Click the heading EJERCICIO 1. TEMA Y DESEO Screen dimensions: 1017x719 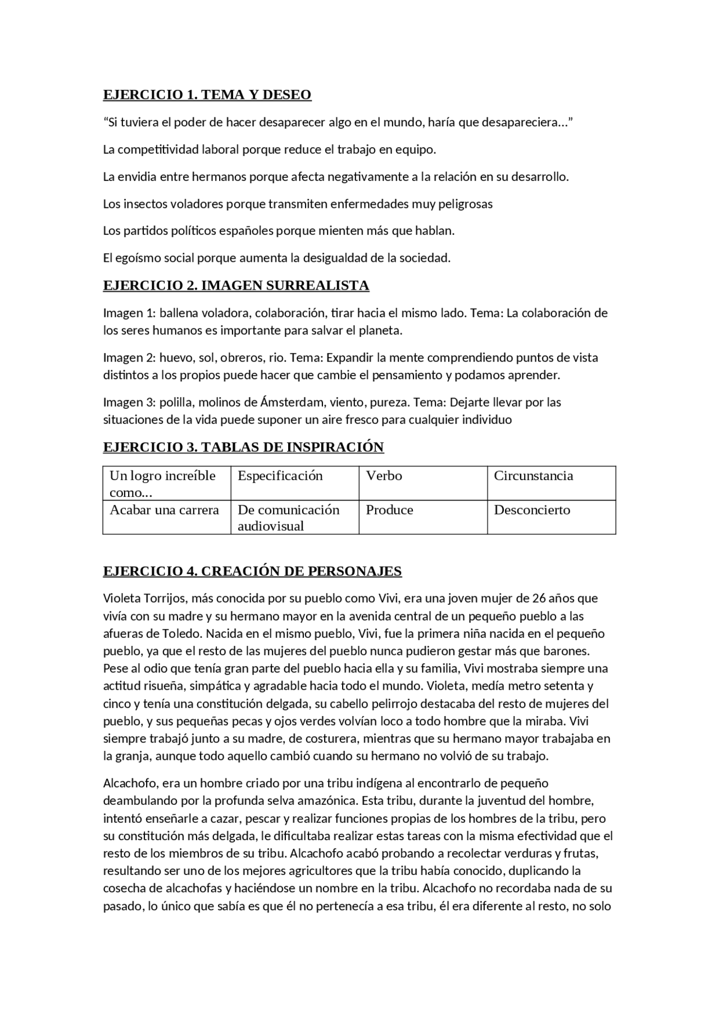(x=207, y=94)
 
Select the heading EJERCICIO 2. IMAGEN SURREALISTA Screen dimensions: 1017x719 (x=236, y=285)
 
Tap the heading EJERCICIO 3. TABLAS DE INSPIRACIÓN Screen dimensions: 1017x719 (x=243, y=447)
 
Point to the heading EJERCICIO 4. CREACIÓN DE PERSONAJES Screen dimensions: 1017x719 (x=252, y=571)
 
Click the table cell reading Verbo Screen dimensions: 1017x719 (x=384, y=476)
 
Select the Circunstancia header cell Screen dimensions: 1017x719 (x=533, y=476)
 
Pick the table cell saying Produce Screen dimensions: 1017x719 (x=389, y=510)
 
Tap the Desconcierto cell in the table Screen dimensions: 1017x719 (x=531, y=510)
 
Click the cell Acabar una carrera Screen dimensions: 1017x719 (x=164, y=510)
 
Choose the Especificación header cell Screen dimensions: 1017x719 (x=280, y=476)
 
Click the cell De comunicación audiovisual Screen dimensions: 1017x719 (x=288, y=518)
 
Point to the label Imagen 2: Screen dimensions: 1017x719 (x=129, y=358)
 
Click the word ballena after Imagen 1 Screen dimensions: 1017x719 (x=179, y=313)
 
